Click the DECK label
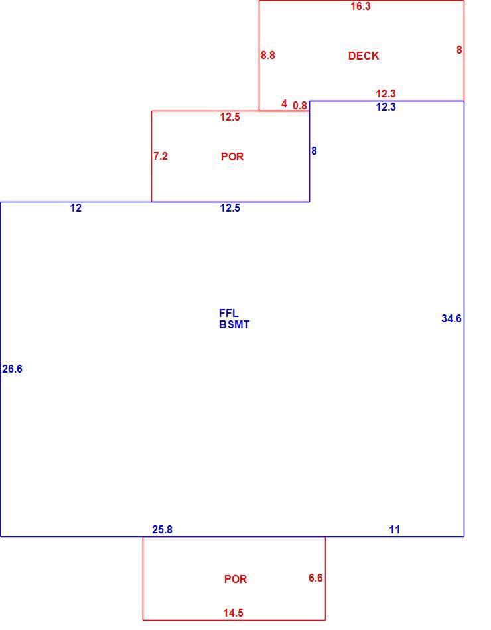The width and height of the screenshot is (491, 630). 363,56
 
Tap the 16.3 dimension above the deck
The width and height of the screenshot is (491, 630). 360,7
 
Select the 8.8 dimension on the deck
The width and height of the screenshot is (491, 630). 268,55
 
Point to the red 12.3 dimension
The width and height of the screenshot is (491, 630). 386,94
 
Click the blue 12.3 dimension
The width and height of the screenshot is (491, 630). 386,107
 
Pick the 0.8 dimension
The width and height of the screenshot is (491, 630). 300,105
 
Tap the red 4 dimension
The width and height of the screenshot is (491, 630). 284,104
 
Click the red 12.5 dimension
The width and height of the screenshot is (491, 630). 230,117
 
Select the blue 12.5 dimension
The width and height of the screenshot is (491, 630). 230,208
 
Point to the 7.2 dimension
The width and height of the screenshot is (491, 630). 161,156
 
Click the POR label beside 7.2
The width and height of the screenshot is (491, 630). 232,157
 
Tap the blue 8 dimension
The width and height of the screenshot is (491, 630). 314,151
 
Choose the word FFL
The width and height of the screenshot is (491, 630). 228,313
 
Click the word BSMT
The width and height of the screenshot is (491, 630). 234,324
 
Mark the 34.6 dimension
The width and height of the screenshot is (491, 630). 452,318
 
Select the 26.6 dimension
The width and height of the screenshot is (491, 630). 13,369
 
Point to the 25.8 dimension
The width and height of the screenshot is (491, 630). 162,530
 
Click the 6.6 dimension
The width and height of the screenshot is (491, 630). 316,578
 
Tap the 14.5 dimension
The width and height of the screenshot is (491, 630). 234,613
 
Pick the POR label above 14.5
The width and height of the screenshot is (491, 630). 236,579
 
